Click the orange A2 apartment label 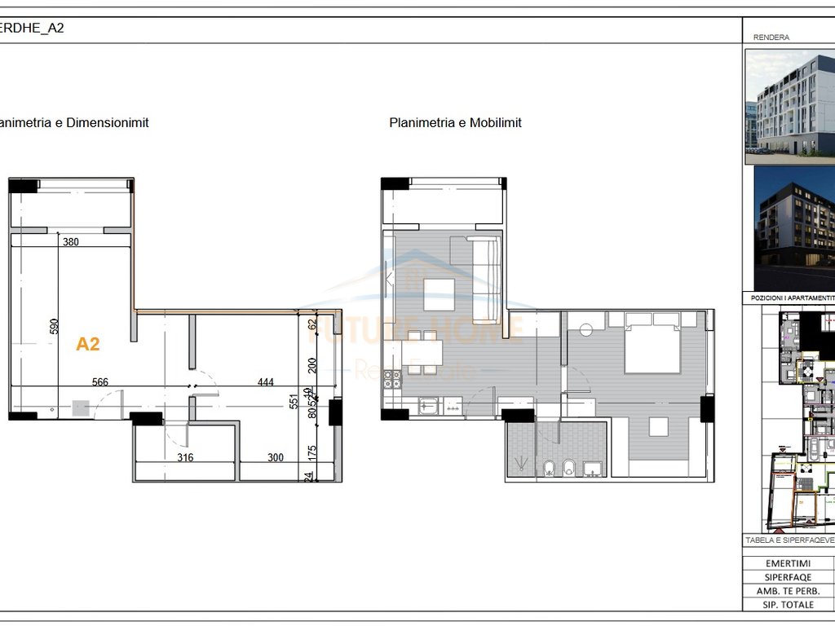[x=88, y=344]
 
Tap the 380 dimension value [x=72, y=241]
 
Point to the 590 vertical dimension [x=55, y=327]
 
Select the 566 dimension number [x=100, y=381]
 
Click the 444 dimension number [x=266, y=381]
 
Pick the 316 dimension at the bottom [x=185, y=457]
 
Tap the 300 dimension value [x=276, y=457]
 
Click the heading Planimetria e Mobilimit [x=455, y=123]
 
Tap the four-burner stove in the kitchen [x=392, y=378]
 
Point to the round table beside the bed [x=585, y=331]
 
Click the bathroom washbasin [x=593, y=468]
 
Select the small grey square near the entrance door [x=80, y=408]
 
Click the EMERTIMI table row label [x=788, y=564]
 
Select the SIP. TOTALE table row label [x=788, y=604]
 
